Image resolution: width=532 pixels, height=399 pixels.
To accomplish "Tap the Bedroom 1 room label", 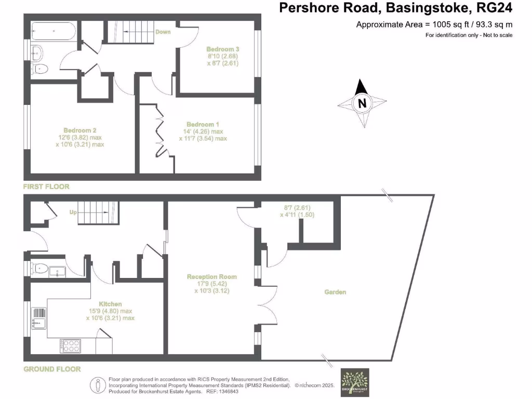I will tap(203, 125).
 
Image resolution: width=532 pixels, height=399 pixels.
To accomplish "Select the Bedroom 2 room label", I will tap(80, 130).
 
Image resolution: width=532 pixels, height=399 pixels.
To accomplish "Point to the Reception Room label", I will tap(212, 277).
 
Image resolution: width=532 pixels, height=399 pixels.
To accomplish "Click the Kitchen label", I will tap(110, 304).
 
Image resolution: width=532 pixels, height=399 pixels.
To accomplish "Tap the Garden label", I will tap(336, 292).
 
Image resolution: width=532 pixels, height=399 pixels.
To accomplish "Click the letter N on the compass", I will tap(362, 103).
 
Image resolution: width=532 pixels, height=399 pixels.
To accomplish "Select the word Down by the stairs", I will tap(163, 32).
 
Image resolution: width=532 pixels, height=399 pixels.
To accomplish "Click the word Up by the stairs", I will tap(73, 212).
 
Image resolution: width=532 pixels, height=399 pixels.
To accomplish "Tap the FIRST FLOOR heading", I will tap(46, 187).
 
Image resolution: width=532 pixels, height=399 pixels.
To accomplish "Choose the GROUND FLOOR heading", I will tap(52, 369).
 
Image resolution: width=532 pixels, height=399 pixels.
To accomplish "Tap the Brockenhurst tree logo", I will tap(354, 382).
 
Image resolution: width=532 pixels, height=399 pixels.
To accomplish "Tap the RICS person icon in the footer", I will tap(99, 385).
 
